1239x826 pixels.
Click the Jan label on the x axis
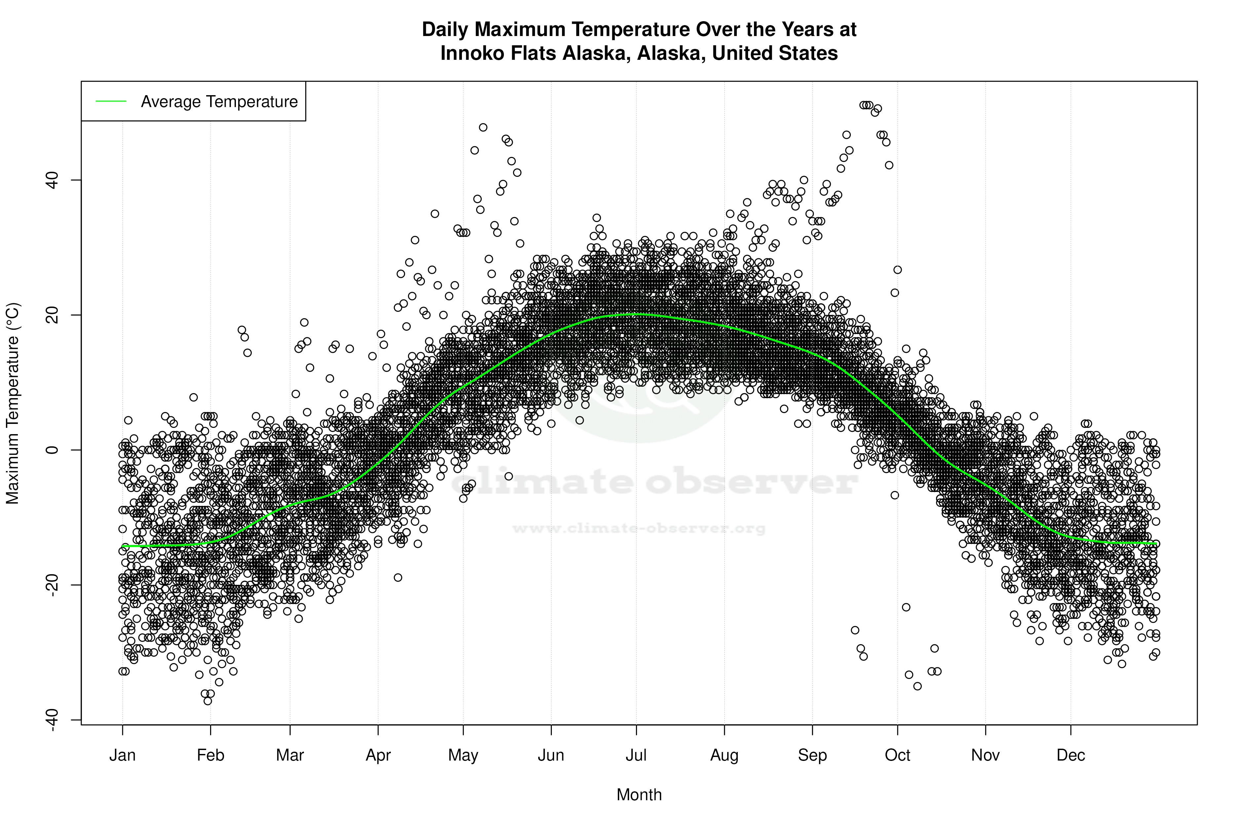(122, 755)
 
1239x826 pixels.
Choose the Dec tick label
(1070, 755)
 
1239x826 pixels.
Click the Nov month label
(985, 755)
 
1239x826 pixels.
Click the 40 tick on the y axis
(52, 180)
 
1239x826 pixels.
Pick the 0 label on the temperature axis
(52, 450)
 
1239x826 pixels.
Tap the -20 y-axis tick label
(52, 585)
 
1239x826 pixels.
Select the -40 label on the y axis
(52, 720)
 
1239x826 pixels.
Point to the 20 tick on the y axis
(52, 315)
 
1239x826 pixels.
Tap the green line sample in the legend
(111, 101)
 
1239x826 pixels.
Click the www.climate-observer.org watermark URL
(639, 528)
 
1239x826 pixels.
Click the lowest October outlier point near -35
(917, 686)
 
